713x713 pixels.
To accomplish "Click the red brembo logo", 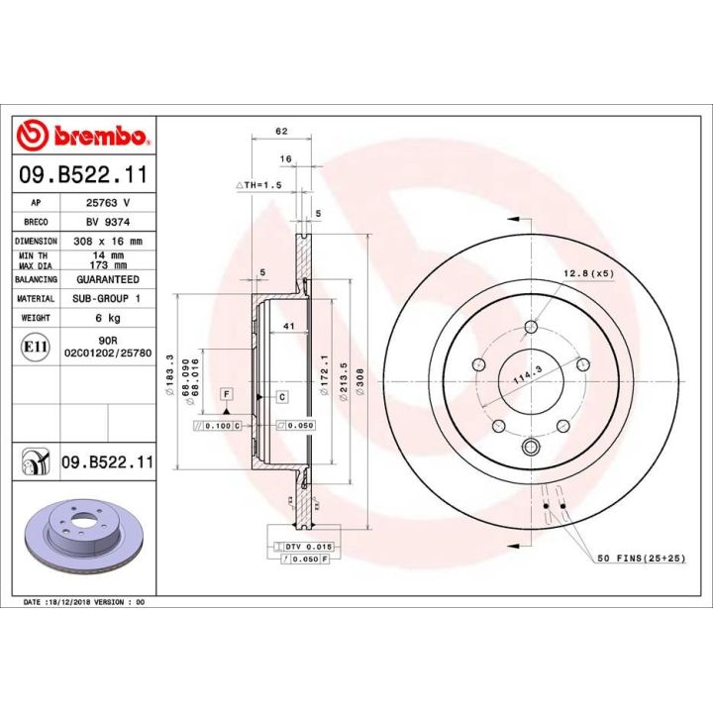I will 83,135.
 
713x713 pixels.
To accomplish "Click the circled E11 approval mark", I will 30,346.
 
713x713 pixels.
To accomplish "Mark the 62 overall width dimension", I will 282,131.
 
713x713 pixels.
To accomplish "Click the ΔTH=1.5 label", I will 259,185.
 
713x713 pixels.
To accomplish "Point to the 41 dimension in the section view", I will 289,326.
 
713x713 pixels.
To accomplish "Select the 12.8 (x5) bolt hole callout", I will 589,273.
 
